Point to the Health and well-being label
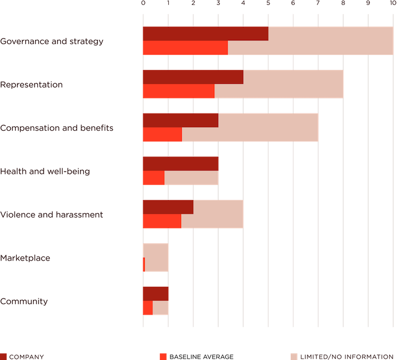(45, 171)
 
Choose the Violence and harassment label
(51, 215)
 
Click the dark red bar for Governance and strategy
(205, 34)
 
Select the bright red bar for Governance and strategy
(185, 48)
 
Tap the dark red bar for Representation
(192, 77)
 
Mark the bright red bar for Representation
(178, 91)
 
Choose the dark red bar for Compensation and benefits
(179, 120)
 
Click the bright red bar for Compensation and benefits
(162, 135)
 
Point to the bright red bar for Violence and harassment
(161, 221)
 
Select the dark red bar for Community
(155, 293)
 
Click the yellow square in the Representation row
(355, 84)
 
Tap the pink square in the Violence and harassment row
(256, 215)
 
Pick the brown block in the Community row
(180, 293)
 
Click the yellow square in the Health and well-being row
(230, 178)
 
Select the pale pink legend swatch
(294, 356)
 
